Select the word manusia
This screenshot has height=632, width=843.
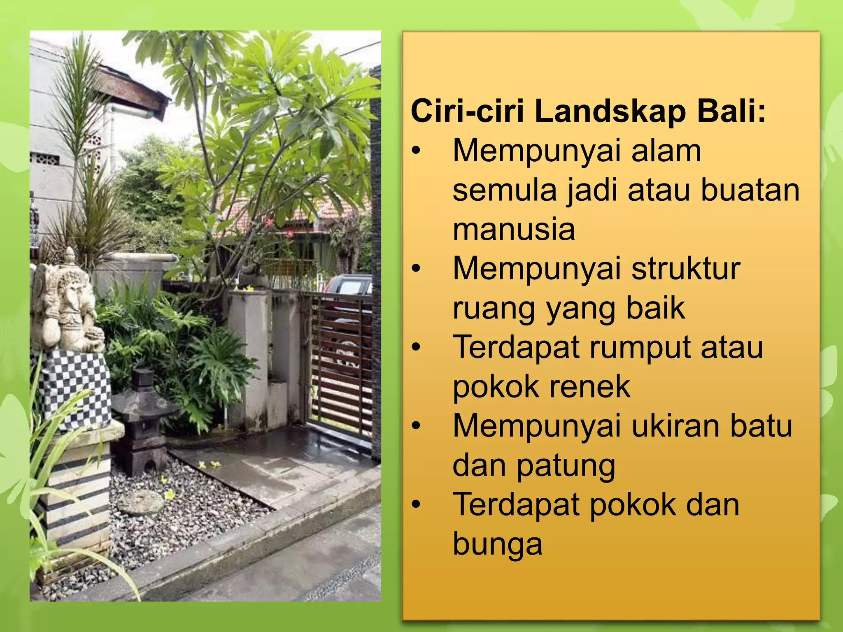[514, 229]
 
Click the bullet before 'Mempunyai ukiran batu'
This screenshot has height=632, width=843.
[417, 426]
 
